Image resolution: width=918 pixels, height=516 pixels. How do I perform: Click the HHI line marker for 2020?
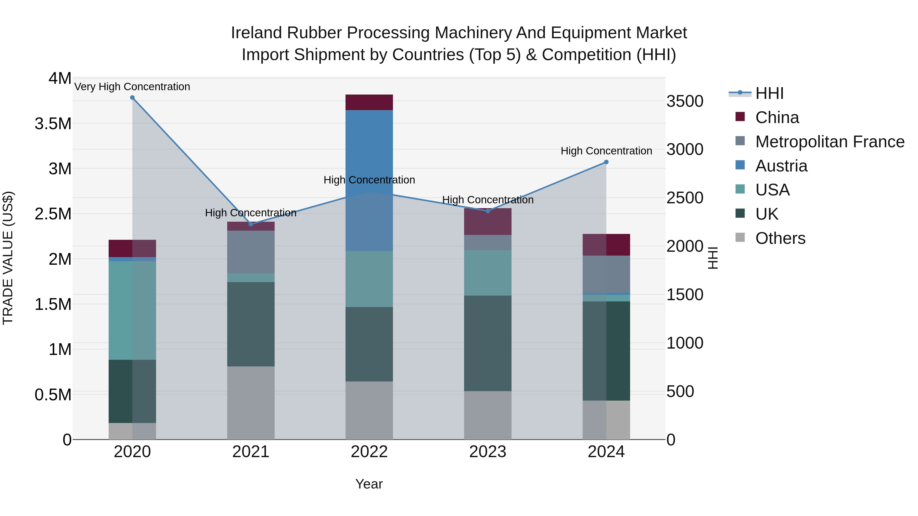click(132, 98)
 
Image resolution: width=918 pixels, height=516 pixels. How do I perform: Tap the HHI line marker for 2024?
click(606, 162)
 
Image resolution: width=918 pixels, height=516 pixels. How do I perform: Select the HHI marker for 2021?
click(251, 224)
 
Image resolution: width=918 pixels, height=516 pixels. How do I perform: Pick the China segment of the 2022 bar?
click(369, 102)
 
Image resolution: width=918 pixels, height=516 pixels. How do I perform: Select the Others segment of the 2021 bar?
click(251, 402)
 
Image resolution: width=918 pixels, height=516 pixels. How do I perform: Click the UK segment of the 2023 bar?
click(488, 343)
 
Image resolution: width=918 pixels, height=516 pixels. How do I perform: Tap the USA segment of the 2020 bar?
click(132, 310)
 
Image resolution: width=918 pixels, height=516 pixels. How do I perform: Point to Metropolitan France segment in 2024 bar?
click(606, 274)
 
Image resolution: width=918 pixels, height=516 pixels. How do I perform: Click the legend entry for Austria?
click(781, 166)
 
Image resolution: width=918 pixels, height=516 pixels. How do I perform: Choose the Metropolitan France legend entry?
click(830, 142)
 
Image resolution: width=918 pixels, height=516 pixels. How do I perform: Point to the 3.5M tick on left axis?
click(53, 124)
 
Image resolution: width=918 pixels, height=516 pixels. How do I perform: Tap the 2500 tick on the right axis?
click(685, 198)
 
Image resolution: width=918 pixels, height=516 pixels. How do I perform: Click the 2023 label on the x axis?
click(488, 452)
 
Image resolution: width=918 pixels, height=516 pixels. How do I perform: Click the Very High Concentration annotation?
click(132, 87)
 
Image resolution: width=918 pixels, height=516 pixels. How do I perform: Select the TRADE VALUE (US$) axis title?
click(8, 258)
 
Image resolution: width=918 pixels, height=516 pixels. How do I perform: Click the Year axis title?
click(369, 484)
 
